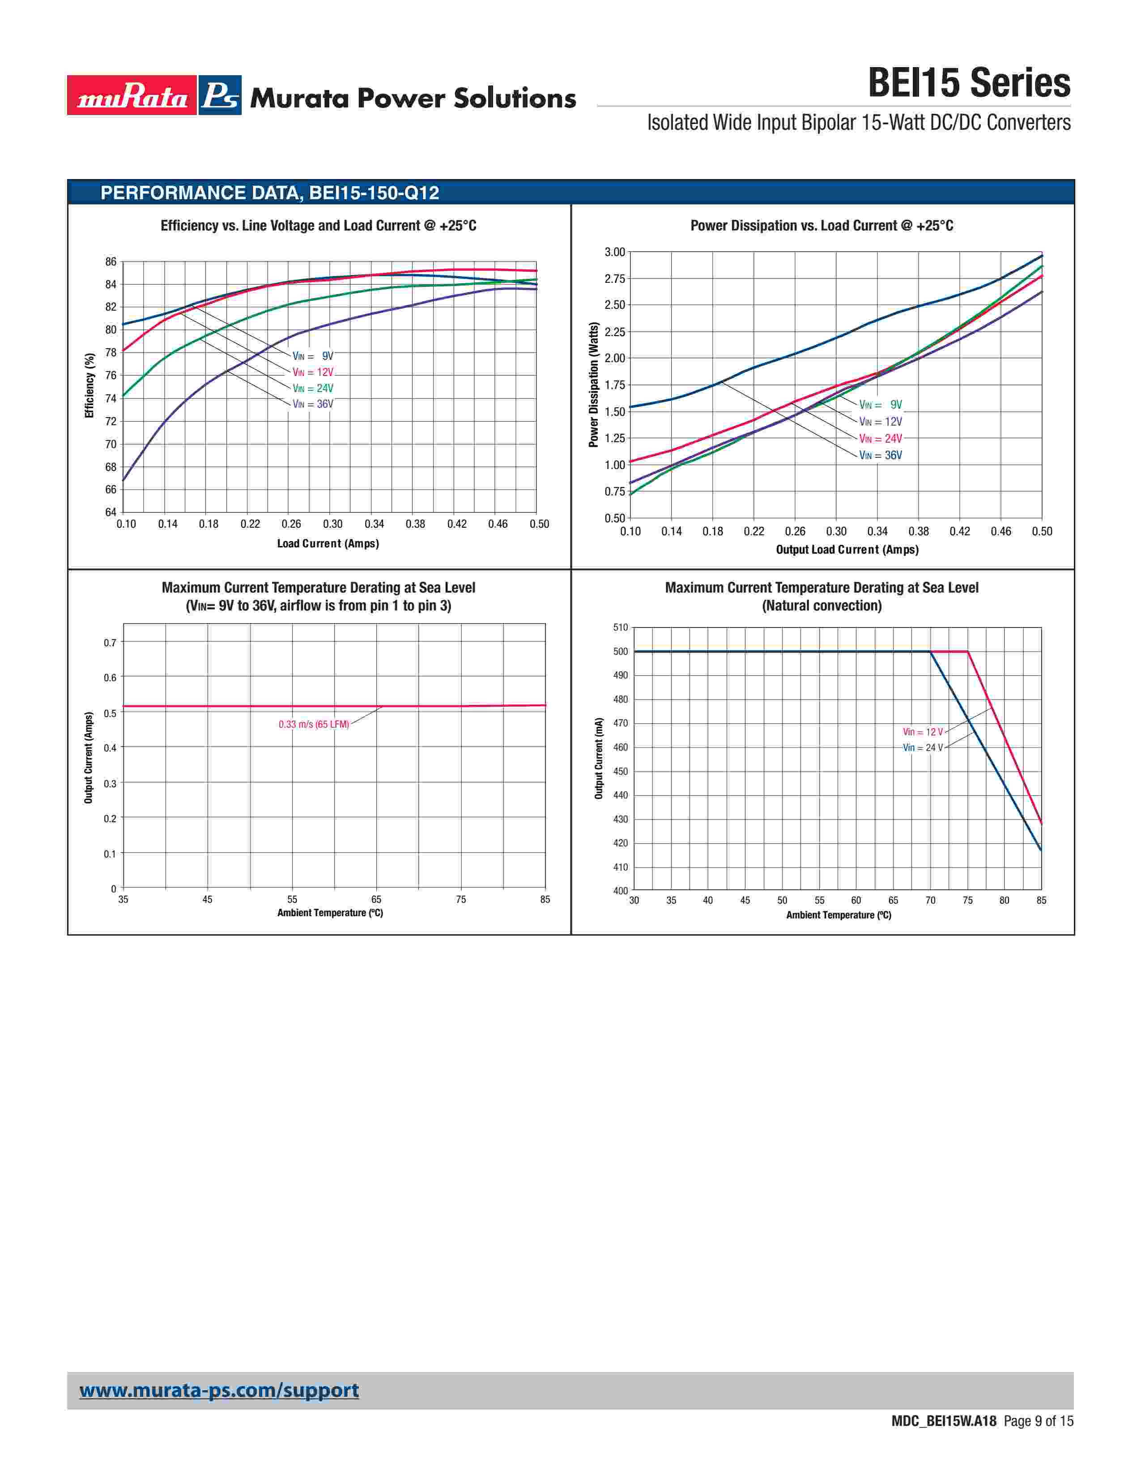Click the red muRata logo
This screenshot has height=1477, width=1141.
click(x=132, y=95)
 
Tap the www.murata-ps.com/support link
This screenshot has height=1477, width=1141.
click(x=219, y=1391)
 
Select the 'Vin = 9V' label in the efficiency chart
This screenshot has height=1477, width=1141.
click(x=313, y=356)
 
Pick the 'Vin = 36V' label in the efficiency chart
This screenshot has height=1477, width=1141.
click(x=313, y=405)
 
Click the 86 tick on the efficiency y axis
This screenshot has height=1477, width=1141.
click(x=111, y=262)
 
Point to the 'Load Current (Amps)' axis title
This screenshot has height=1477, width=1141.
click(x=328, y=544)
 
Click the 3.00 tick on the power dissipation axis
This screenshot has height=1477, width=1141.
click(x=614, y=252)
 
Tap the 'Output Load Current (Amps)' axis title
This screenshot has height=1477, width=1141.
click(x=847, y=550)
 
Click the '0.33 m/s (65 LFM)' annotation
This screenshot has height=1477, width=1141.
click(x=314, y=724)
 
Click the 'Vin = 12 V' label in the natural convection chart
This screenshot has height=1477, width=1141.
click(x=923, y=732)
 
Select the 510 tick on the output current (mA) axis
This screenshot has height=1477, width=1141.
click(x=620, y=628)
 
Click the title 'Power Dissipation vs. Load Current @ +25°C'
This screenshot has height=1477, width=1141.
click(x=821, y=226)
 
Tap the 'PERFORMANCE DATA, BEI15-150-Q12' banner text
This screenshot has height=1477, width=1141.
click(x=270, y=193)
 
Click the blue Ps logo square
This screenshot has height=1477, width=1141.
click(x=220, y=95)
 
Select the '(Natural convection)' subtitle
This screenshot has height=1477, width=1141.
click(x=821, y=606)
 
